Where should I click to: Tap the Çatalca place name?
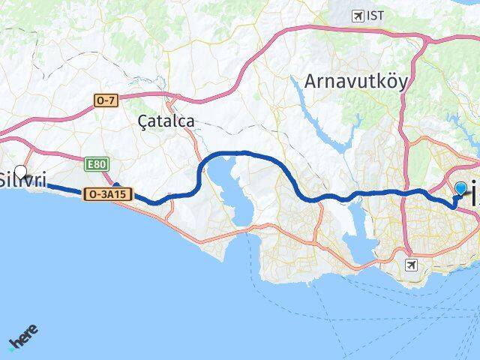coord(166,121)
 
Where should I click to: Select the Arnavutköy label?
coord(356,82)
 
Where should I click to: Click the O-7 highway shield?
coord(106,100)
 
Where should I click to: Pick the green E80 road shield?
coord(96,164)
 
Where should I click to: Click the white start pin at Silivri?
coord(20,171)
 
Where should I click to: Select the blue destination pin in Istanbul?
coord(460,188)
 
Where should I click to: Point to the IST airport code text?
coord(375,15)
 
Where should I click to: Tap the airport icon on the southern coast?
coord(410,265)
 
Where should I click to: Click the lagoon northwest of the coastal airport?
coord(358,244)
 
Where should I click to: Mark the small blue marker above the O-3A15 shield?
coord(116,184)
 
